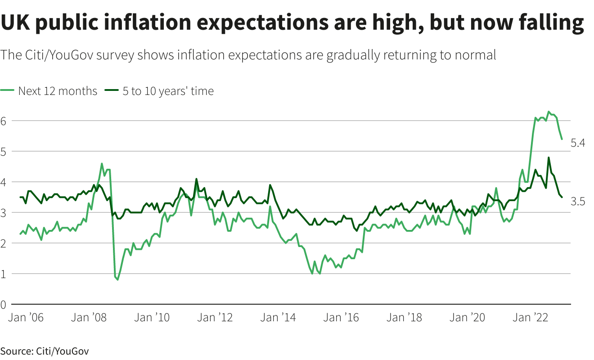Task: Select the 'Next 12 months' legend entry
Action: click(x=57, y=91)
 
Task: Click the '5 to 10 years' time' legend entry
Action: click(x=168, y=91)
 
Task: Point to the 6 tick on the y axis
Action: click(x=4, y=121)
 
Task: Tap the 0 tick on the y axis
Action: click(x=4, y=304)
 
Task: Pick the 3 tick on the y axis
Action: click(x=4, y=212)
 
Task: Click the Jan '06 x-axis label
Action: click(x=27, y=318)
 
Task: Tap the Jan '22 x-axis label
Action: click(x=531, y=318)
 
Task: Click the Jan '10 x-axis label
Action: click(x=153, y=318)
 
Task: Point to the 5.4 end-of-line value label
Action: click(x=577, y=143)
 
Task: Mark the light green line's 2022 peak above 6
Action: click(x=549, y=112)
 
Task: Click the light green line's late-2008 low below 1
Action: click(x=118, y=279)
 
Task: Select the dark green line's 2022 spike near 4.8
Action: click(x=549, y=157)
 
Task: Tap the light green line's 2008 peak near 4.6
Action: click(x=102, y=164)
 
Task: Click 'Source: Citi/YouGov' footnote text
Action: click(x=44, y=351)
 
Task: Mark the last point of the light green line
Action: click(x=562, y=139)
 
